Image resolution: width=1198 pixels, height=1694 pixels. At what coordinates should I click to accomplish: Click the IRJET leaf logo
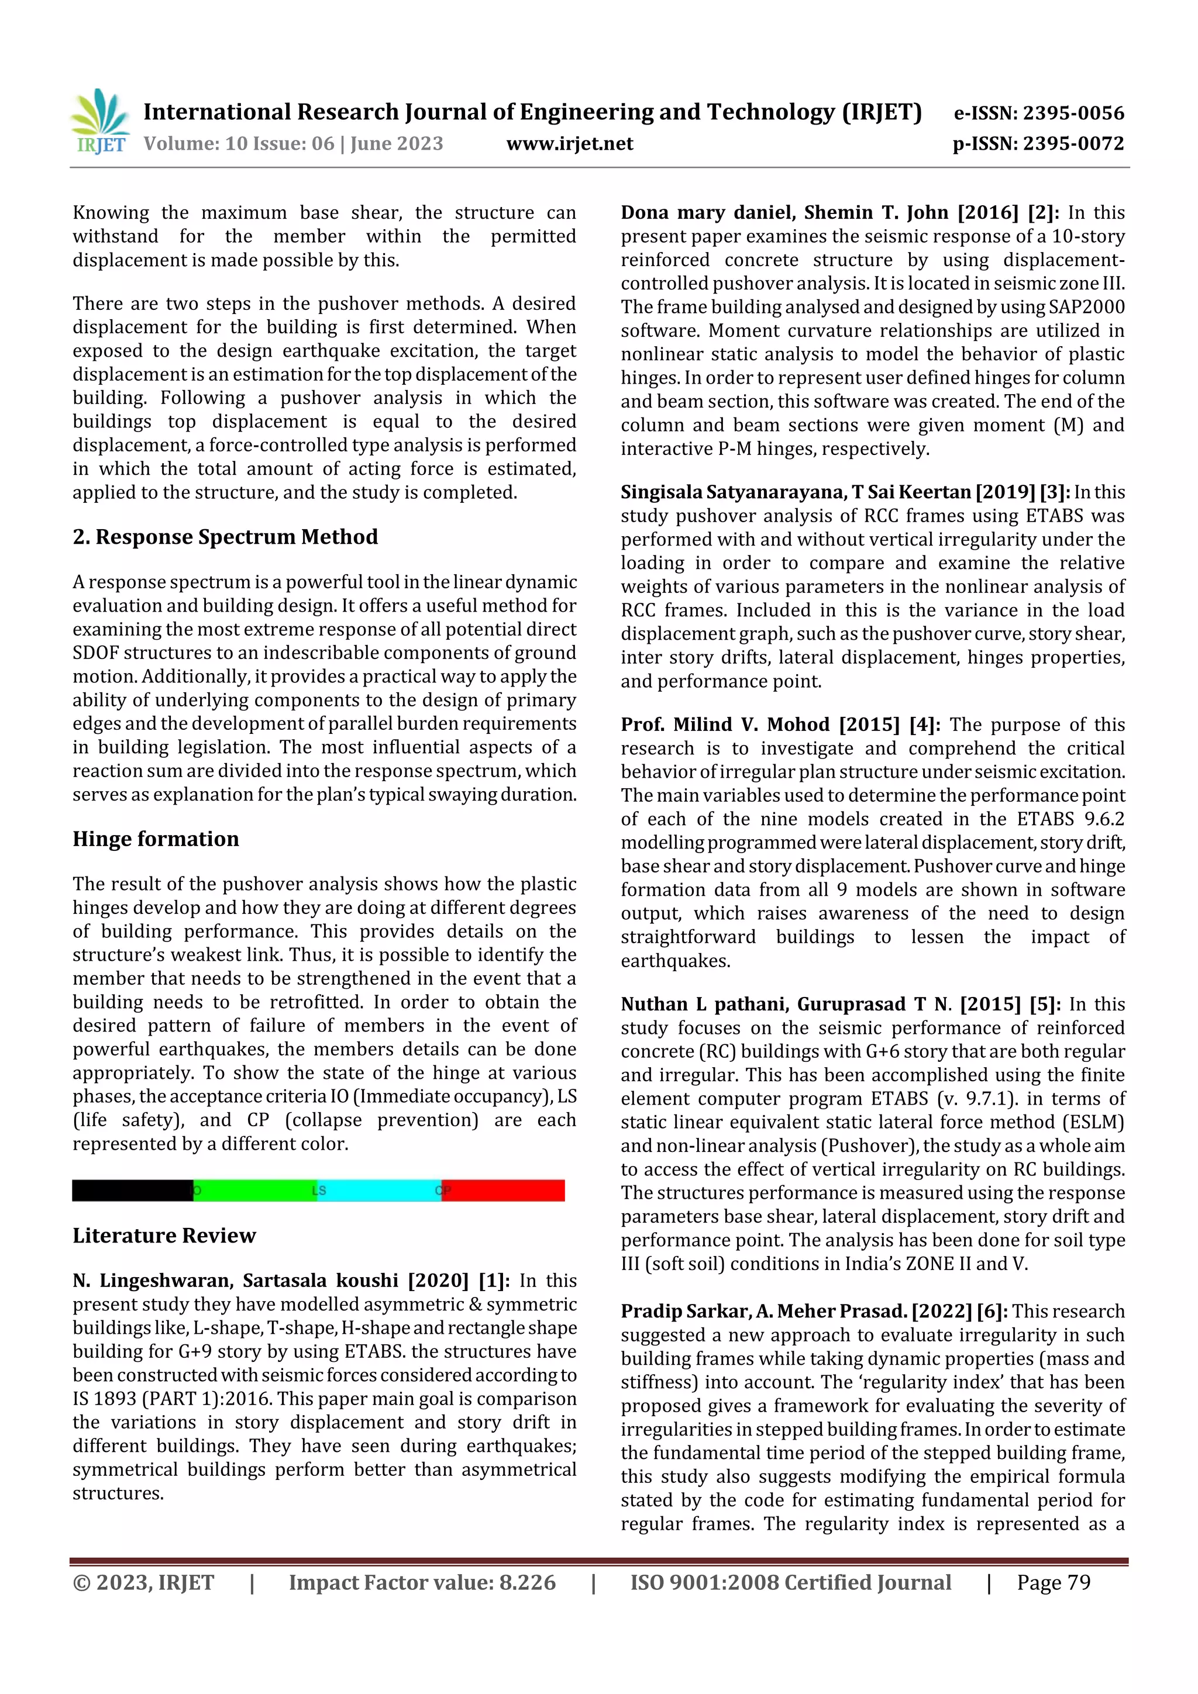(101, 120)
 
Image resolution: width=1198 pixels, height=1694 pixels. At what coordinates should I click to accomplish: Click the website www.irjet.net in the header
(569, 143)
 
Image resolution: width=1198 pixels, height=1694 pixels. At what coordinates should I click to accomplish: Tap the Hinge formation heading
(156, 839)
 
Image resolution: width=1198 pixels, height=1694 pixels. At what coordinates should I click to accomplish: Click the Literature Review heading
(164, 1235)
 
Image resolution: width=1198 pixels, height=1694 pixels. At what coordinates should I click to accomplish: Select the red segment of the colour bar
(504, 1190)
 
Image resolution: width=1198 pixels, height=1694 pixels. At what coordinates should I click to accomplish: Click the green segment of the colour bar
(254, 1190)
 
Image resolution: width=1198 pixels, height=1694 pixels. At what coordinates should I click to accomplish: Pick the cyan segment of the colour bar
(378, 1190)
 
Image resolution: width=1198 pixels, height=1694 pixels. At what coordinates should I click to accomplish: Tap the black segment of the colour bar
(132, 1190)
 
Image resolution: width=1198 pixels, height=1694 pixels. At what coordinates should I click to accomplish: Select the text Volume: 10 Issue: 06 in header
(239, 143)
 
